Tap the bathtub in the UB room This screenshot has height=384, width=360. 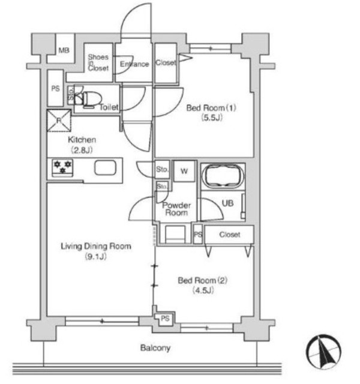point(223,176)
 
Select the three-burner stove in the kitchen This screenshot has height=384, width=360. point(62,167)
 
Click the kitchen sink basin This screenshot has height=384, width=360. point(105,167)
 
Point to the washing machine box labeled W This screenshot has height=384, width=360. point(184,171)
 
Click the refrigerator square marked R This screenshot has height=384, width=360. point(59,120)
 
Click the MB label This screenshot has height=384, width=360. point(64,50)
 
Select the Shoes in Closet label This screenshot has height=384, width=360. point(98,62)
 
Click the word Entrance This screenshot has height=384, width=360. point(134,64)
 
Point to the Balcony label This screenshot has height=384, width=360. point(155,348)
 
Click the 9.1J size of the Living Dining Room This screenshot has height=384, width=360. point(96,256)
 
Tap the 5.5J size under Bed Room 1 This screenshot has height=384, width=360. point(212,118)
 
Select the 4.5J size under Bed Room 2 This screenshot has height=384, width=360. point(203,290)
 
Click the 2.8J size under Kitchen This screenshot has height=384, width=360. point(82,150)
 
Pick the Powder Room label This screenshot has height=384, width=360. point(176,209)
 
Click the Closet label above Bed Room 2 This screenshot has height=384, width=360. point(229,235)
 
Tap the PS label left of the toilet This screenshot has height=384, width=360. point(56,88)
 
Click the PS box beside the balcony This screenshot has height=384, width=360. point(165,319)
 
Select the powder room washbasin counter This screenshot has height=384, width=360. point(175,234)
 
